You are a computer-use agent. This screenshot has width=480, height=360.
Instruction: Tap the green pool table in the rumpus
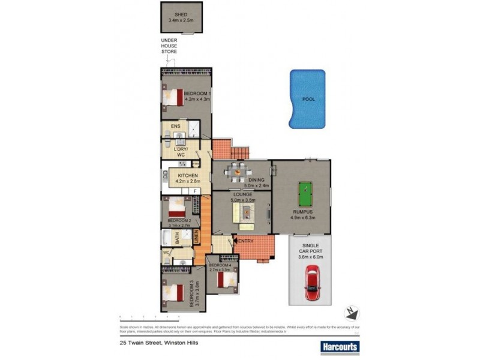click(x=304, y=193)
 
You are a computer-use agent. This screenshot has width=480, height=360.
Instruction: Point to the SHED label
click(x=181, y=14)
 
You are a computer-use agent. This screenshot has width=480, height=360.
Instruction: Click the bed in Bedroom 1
click(x=173, y=96)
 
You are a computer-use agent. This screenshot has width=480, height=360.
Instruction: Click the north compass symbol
click(x=351, y=312)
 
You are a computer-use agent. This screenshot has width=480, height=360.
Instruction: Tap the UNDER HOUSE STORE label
click(x=169, y=46)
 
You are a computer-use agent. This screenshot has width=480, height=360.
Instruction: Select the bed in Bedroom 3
click(x=173, y=294)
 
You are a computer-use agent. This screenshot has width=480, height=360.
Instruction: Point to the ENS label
click(x=175, y=126)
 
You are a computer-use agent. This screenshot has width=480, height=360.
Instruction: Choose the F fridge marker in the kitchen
click(x=196, y=191)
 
